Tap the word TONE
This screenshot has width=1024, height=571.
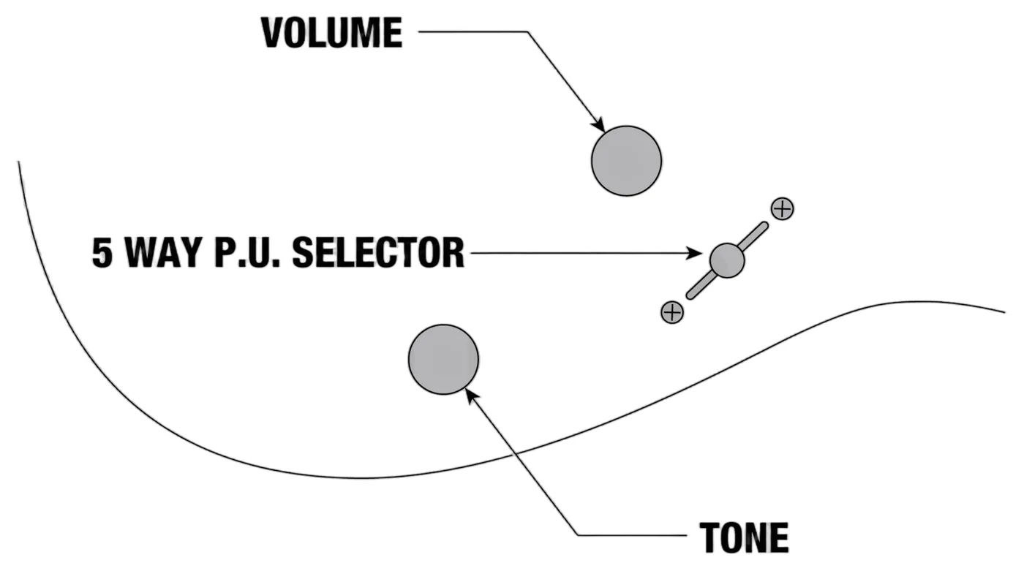[x=745, y=537]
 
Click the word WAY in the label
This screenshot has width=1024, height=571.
[x=164, y=253]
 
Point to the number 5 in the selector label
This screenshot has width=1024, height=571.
[x=102, y=253]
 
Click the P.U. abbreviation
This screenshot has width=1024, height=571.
[x=247, y=253]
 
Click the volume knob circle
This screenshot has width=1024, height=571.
[x=626, y=162]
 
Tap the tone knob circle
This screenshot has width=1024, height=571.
[x=443, y=360]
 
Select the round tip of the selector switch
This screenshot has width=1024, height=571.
[x=727, y=260]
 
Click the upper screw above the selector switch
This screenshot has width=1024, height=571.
[x=782, y=209]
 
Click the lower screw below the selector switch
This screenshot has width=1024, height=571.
[x=672, y=312]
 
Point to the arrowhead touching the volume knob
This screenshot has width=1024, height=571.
[x=599, y=125]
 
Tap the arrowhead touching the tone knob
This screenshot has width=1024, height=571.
[x=472, y=396]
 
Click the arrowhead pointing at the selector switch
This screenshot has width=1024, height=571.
[x=695, y=253]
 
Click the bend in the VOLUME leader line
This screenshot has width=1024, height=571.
[x=528, y=32]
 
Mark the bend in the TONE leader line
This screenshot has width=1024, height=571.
[x=578, y=535]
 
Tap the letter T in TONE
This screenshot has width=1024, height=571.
[x=710, y=537]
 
